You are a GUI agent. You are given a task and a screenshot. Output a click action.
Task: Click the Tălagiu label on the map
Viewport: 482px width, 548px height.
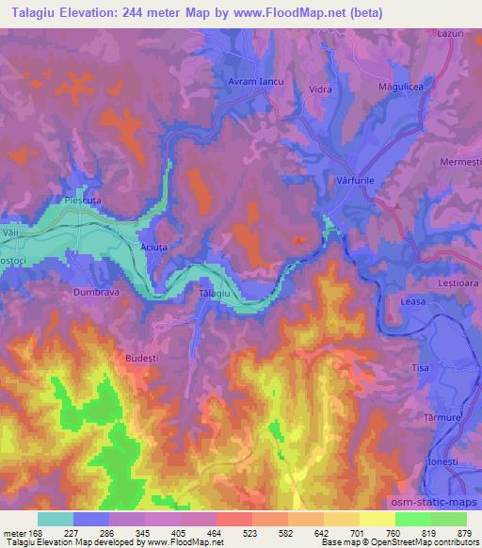click(215, 295)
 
